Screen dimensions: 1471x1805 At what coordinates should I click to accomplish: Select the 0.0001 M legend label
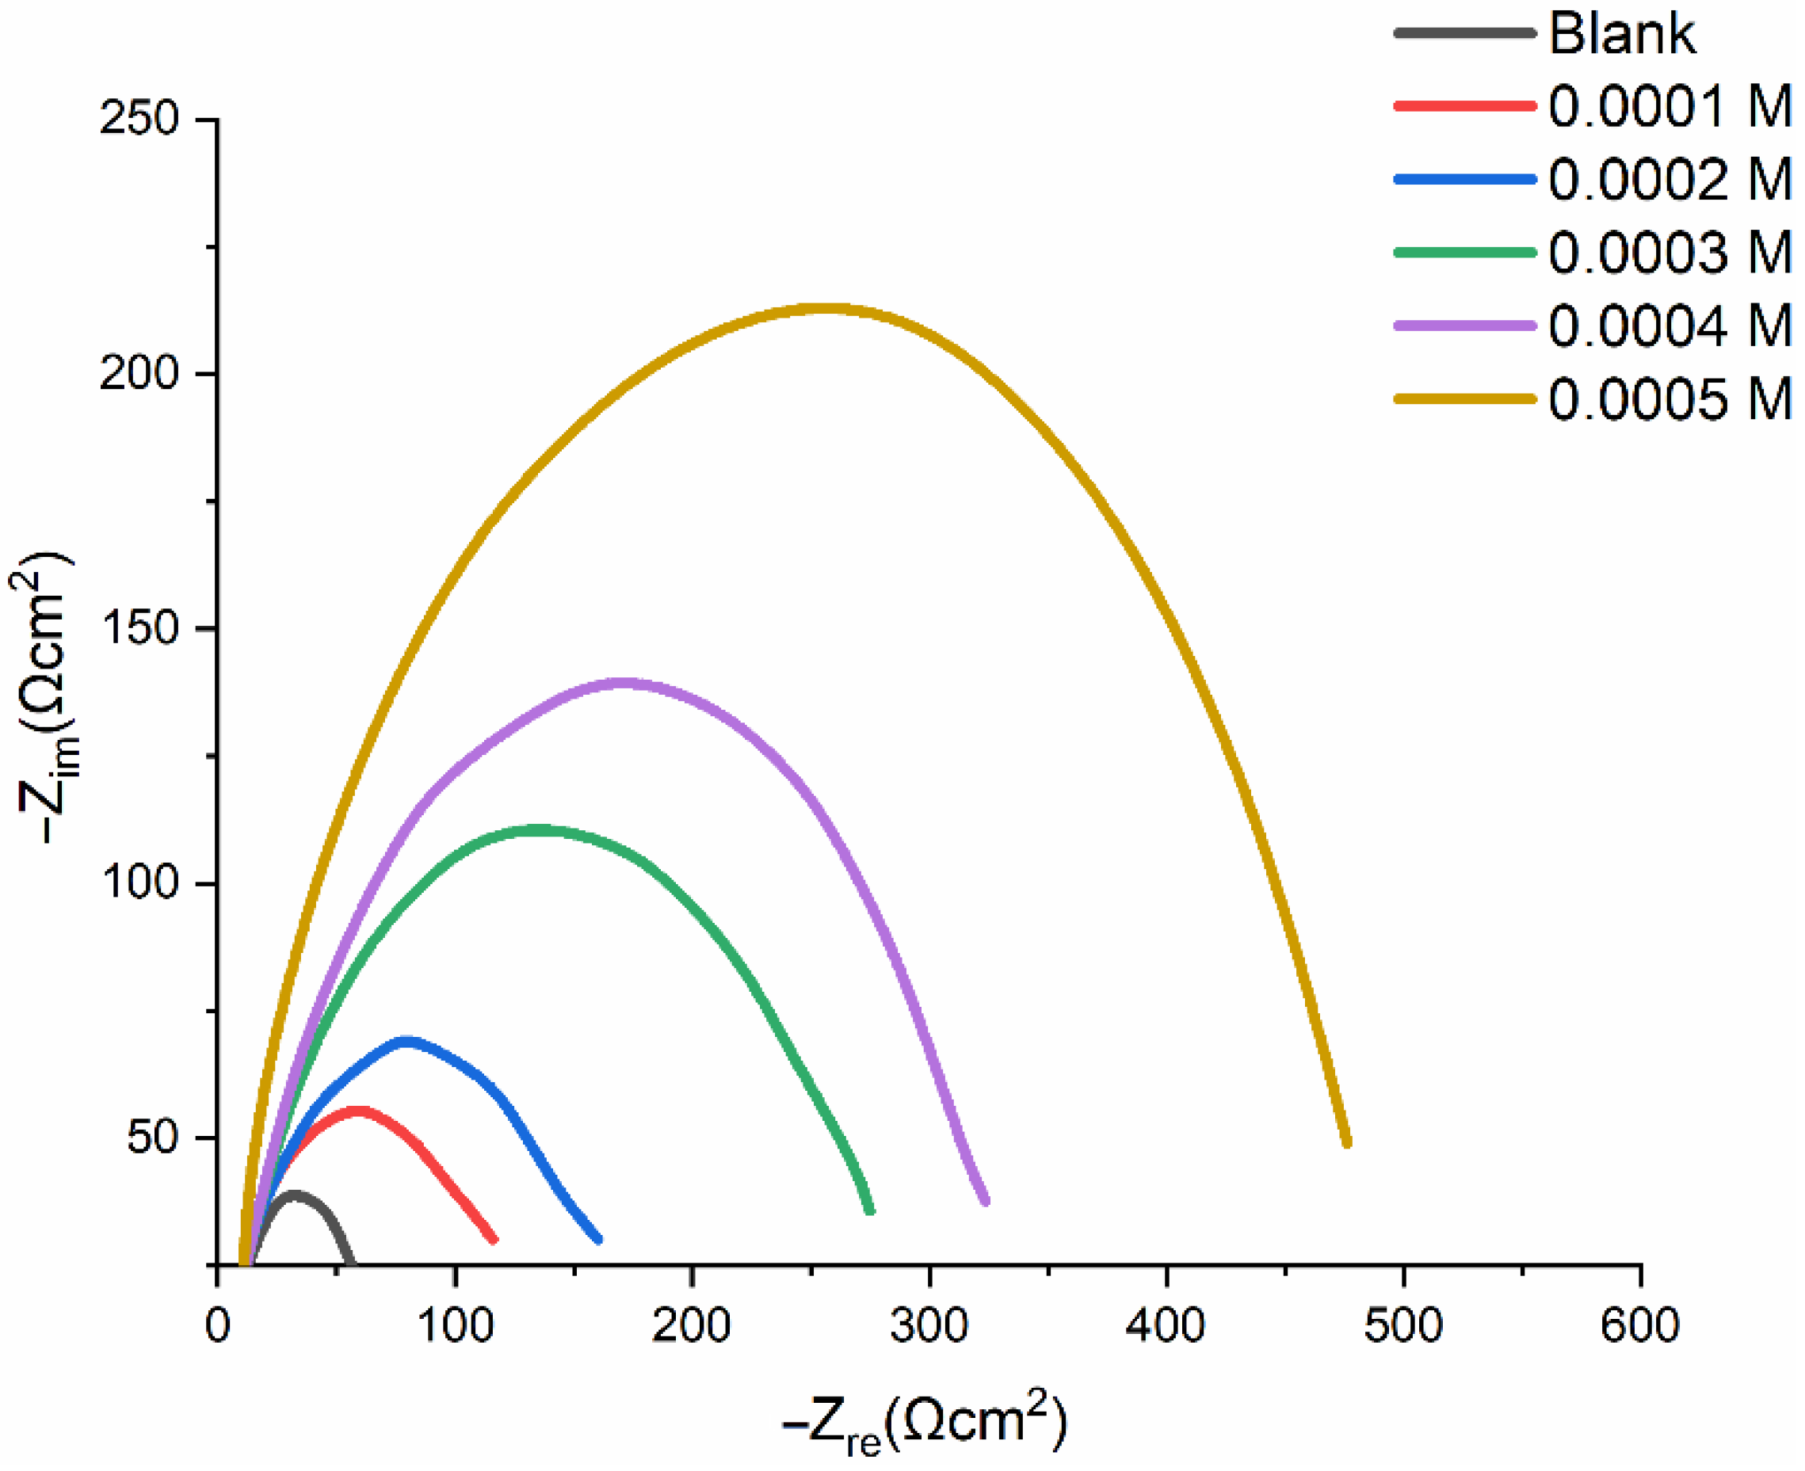click(1670, 107)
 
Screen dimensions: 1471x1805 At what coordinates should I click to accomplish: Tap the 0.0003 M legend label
click(1670, 253)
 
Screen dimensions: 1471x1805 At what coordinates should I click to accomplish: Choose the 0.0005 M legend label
click(1670, 399)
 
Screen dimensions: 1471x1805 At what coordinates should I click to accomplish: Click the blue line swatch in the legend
click(1464, 180)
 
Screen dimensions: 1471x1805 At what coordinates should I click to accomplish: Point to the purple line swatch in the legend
click(1464, 326)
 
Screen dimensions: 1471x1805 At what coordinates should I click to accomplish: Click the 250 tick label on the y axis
click(139, 119)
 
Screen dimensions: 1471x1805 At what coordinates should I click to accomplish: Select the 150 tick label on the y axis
click(139, 629)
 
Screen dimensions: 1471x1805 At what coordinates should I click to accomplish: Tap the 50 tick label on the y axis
click(153, 1138)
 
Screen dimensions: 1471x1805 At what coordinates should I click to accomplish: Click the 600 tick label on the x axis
click(1639, 1325)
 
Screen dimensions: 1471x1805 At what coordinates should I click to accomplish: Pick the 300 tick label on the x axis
click(929, 1325)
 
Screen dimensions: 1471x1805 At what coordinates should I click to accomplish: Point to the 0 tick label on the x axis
click(218, 1325)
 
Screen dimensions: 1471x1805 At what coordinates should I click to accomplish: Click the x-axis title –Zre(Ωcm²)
click(924, 1423)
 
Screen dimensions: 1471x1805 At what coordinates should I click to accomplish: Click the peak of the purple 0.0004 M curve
click(623, 683)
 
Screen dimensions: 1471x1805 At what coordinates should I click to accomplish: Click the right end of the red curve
click(494, 1239)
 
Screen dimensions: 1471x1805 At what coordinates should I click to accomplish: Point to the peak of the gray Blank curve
click(294, 1195)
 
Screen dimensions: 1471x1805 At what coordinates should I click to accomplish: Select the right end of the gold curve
click(1346, 1142)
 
